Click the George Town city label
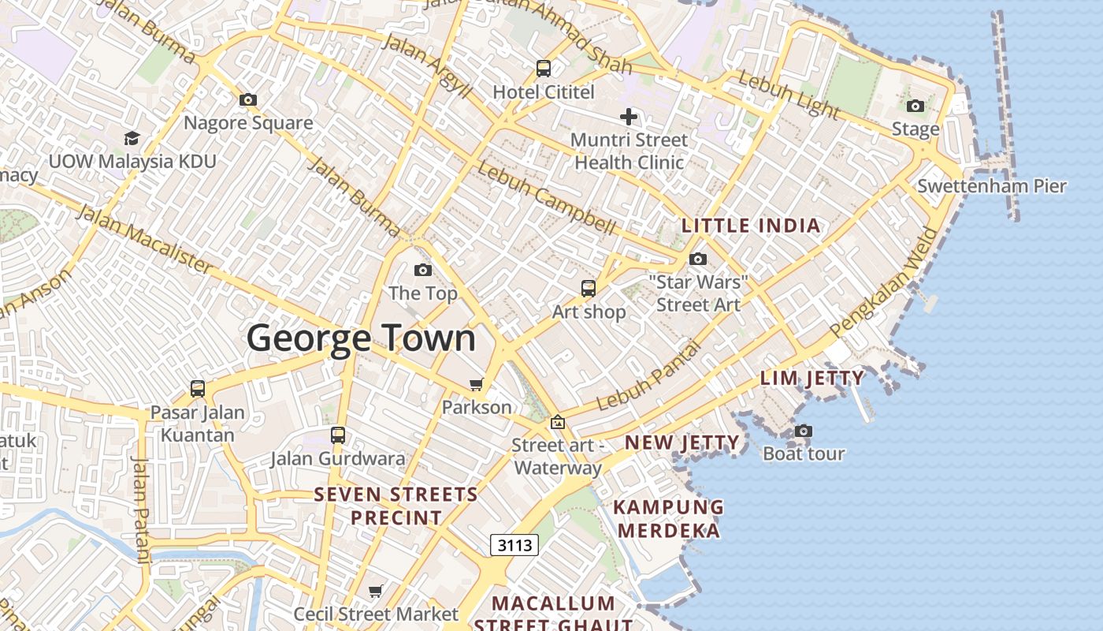(x=362, y=338)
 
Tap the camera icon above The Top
(x=423, y=271)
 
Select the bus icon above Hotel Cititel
(x=544, y=69)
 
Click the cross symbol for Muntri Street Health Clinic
(x=628, y=118)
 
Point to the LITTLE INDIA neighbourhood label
(x=751, y=226)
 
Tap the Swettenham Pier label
(x=991, y=186)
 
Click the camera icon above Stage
(x=915, y=106)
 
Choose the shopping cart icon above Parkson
(x=476, y=384)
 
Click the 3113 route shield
(x=514, y=544)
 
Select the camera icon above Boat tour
(x=804, y=431)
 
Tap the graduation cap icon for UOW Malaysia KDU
(x=132, y=139)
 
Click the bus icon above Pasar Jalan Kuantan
(x=198, y=389)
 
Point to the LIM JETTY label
(x=811, y=379)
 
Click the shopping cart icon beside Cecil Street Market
(x=376, y=591)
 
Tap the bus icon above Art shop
(x=589, y=289)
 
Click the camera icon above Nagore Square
(x=248, y=100)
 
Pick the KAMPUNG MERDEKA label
(x=668, y=518)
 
